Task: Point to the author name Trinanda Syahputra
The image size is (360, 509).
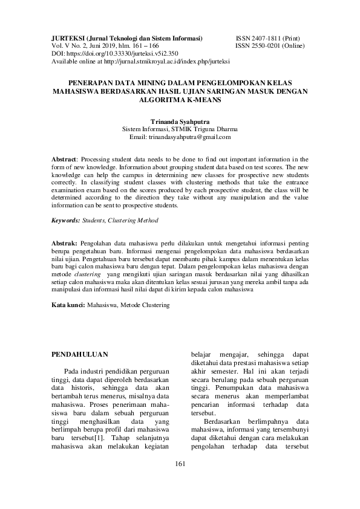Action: [x=180, y=121]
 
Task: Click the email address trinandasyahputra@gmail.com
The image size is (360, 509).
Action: [x=189, y=137]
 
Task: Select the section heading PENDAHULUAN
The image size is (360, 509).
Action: [x=80, y=354]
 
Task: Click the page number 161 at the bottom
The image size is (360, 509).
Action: [x=180, y=463]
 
